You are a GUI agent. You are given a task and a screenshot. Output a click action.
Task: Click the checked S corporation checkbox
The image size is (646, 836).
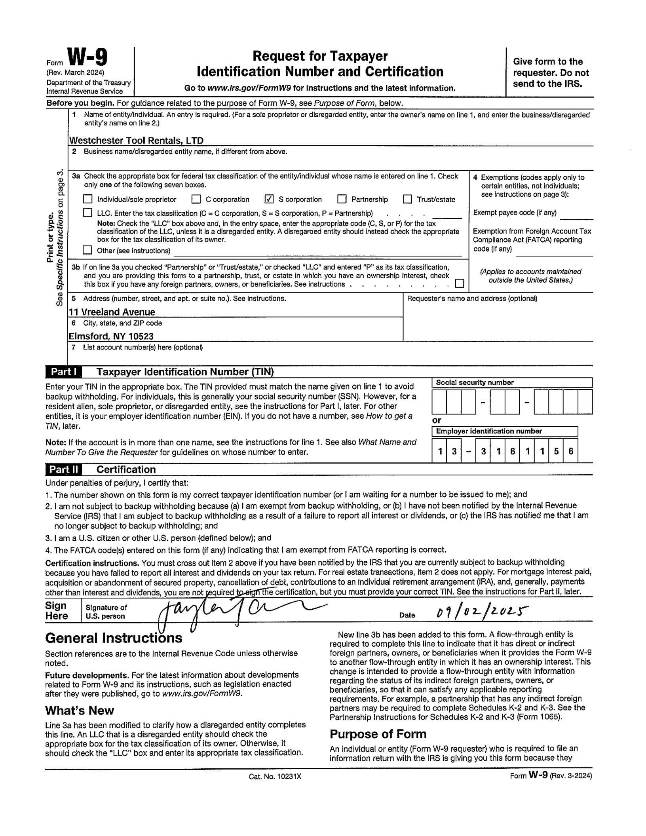click(269, 199)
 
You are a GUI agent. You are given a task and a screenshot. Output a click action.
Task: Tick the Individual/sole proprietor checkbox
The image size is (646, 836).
click(87, 199)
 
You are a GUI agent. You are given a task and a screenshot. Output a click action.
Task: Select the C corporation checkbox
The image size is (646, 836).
click(196, 199)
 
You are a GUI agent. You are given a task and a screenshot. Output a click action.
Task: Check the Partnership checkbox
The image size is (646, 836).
click(342, 199)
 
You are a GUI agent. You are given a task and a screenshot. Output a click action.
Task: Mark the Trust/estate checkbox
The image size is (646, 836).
click(407, 199)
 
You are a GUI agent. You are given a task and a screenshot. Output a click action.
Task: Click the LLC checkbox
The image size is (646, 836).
click(87, 213)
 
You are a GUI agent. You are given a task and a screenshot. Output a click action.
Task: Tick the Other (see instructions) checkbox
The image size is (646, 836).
click(87, 250)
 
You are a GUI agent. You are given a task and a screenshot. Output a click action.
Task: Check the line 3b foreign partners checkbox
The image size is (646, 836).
click(459, 284)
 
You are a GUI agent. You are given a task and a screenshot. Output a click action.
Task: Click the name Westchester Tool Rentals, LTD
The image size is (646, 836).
click(136, 141)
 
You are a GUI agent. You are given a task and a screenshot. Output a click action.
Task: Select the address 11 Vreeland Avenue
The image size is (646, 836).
click(112, 312)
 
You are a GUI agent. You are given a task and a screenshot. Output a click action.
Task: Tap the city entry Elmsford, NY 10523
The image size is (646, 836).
click(111, 336)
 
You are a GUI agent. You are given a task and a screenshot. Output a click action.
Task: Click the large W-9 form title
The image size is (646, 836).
click(87, 58)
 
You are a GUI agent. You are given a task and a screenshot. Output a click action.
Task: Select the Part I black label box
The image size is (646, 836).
click(64, 372)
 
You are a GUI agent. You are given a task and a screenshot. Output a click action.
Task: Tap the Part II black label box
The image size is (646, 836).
click(64, 469)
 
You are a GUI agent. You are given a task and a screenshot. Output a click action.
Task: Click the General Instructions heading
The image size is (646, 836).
click(114, 638)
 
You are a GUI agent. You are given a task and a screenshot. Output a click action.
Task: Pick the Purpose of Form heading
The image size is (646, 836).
click(378, 734)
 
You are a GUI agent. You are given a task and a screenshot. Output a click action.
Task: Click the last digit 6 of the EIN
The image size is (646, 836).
click(570, 451)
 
